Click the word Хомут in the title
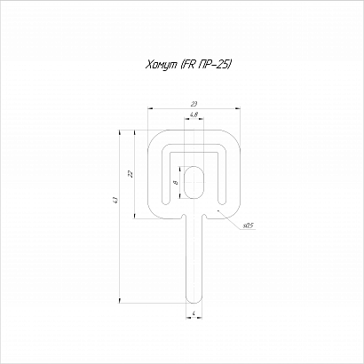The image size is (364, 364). [x=161, y=65]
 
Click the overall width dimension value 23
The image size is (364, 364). [x=194, y=104]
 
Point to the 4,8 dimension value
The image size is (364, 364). [x=194, y=115]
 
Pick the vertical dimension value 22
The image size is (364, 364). [x=131, y=174]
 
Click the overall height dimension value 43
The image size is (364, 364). [x=116, y=201]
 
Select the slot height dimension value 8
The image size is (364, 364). [x=177, y=183]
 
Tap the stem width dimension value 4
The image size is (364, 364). [x=194, y=313]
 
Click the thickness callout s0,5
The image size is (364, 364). [x=248, y=226]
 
